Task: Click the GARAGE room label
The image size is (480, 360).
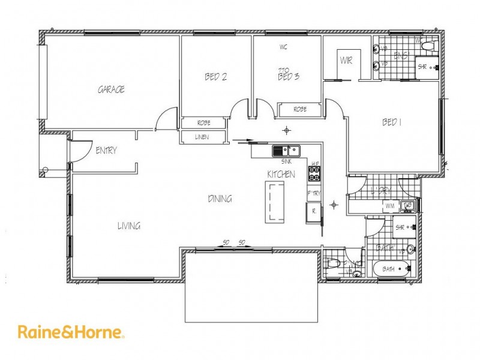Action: (x=111, y=89)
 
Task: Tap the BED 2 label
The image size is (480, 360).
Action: (x=215, y=77)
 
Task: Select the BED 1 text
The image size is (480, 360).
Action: (x=391, y=122)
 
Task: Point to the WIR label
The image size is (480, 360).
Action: (x=346, y=60)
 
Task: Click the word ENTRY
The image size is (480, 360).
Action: (x=106, y=151)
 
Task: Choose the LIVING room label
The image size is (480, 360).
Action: (x=128, y=226)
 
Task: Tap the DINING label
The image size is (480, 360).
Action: (x=220, y=199)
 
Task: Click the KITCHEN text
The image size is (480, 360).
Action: (x=281, y=174)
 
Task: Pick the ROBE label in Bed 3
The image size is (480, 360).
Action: (x=299, y=109)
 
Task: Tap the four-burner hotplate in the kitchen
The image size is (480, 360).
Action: (x=315, y=173)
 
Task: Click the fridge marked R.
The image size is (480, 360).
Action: (x=313, y=211)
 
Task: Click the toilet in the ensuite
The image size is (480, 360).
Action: (x=427, y=46)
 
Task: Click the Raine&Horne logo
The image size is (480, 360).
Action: (x=71, y=332)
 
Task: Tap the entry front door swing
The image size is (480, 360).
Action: (x=80, y=150)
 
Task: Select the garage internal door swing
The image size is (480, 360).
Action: (x=166, y=120)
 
